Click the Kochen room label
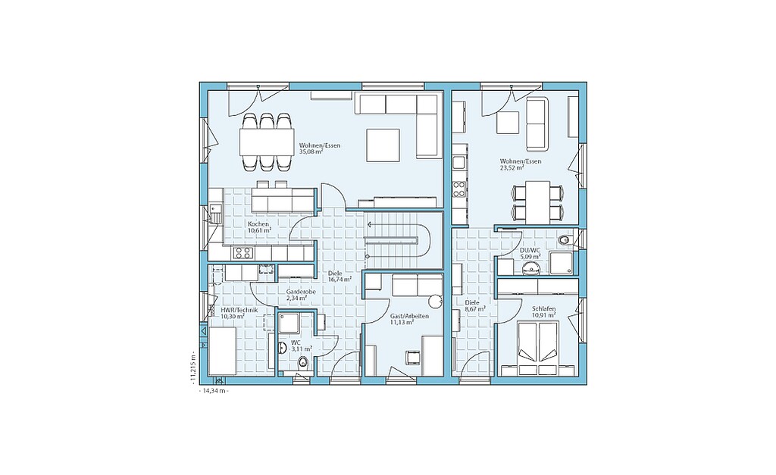click(x=258, y=224)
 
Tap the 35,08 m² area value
click(x=311, y=152)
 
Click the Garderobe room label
click(x=300, y=292)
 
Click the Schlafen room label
click(x=544, y=308)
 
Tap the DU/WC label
click(x=530, y=250)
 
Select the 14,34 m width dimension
click(x=213, y=390)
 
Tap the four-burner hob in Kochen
click(x=242, y=253)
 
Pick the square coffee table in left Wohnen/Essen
click(x=383, y=145)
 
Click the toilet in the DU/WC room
click(x=564, y=240)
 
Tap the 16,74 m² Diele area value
click(x=340, y=279)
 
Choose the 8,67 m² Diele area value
click(x=474, y=308)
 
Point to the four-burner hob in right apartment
click(x=458, y=188)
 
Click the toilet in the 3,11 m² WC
click(x=303, y=363)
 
